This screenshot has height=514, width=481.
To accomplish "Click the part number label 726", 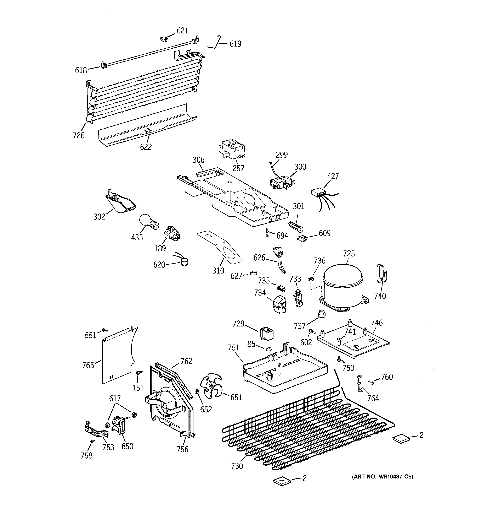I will click(x=79, y=135).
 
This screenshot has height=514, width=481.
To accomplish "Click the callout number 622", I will click(x=146, y=147).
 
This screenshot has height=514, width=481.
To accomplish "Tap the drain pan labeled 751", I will click(x=284, y=370).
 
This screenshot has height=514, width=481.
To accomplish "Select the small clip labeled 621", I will click(x=163, y=39).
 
